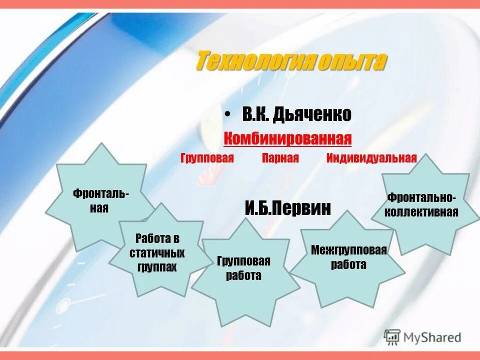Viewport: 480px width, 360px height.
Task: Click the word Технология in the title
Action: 254,61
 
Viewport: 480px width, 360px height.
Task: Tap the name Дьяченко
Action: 311,115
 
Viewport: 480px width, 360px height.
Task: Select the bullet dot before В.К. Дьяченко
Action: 227,115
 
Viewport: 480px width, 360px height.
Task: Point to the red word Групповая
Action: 207,158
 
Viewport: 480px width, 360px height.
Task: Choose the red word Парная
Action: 280,158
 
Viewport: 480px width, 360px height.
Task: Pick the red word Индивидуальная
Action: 371,158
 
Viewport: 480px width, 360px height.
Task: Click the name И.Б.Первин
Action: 288,207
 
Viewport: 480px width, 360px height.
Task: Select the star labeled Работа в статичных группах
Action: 157,252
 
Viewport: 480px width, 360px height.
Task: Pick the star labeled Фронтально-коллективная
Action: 421,205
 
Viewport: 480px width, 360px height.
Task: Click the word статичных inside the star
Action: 157,252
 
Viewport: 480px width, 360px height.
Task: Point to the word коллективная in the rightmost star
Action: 421,211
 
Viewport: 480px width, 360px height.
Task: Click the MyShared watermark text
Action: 432,337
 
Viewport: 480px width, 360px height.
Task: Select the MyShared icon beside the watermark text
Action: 392,337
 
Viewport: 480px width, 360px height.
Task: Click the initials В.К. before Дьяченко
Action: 256,115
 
